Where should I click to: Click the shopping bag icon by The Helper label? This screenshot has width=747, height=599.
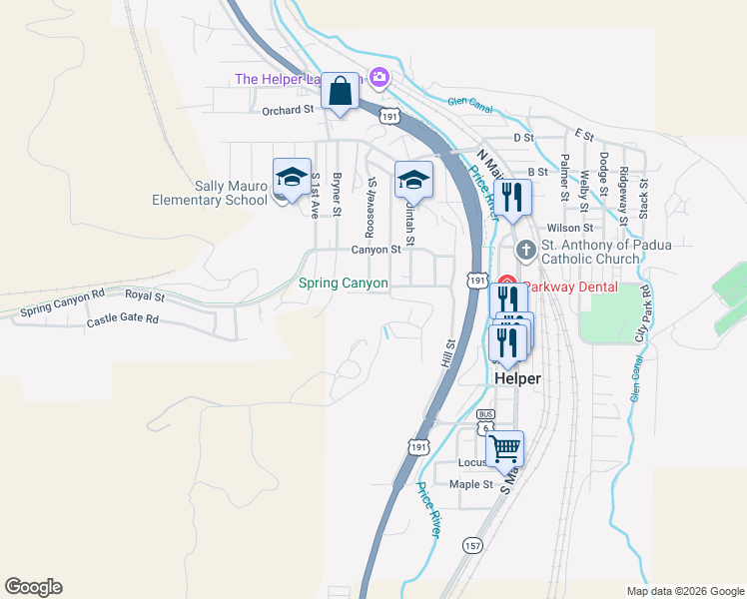341,92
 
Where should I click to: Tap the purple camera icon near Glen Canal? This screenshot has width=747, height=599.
378,76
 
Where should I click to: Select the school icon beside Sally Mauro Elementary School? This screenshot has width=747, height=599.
292,179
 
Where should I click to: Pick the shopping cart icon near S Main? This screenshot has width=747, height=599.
505,447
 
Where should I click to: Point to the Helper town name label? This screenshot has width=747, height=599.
517,379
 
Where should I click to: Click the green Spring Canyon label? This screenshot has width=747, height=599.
344,284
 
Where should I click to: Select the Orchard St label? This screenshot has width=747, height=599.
288,111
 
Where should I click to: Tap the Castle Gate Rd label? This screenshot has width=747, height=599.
122,320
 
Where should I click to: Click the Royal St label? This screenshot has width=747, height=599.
145,295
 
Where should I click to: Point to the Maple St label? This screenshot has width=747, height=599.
471,485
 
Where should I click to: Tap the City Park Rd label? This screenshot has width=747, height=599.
644,310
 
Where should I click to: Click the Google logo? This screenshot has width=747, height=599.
33,587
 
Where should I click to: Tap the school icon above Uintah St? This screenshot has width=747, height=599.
413,181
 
